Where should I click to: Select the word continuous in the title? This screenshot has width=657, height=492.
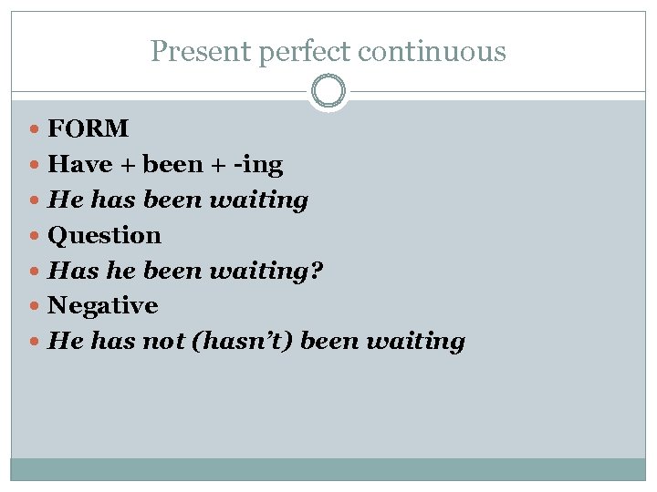pos(432,52)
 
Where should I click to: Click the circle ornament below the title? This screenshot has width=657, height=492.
pos(328,92)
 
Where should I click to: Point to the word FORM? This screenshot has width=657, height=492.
pos(89,128)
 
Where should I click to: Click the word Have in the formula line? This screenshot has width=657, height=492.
pos(79,164)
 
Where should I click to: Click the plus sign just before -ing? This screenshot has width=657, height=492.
pos(215,165)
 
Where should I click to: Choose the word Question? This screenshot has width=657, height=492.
pos(104,235)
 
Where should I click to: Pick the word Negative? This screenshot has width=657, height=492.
pos(102,305)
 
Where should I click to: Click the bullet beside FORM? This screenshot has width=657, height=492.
pos(35,129)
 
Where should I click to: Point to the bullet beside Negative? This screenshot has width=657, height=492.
pos(35,306)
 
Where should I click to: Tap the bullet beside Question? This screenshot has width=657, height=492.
pos(35,236)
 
